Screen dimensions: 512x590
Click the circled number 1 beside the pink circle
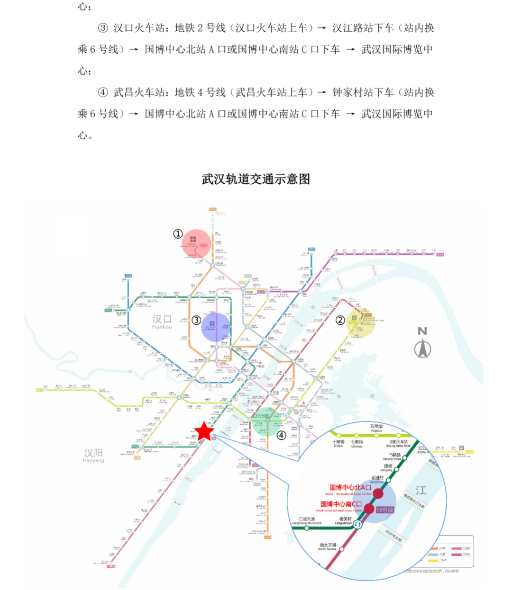click(x=178, y=233)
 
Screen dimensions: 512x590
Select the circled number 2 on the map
click(x=340, y=320)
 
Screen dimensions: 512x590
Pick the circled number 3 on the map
click(x=196, y=320)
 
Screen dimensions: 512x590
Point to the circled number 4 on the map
click(x=282, y=435)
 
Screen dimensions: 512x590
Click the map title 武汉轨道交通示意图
click(x=256, y=179)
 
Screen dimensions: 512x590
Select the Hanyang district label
click(x=93, y=455)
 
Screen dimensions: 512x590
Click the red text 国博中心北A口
click(x=350, y=487)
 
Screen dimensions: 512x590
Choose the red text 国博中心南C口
click(x=341, y=504)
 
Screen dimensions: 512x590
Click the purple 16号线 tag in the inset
click(x=385, y=510)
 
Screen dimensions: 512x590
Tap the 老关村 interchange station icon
click(x=357, y=524)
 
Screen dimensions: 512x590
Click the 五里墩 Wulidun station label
click(x=376, y=428)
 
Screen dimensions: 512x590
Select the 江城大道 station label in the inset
click(x=306, y=520)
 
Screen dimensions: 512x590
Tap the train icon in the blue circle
click(x=212, y=324)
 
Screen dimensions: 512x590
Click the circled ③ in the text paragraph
click(x=103, y=28)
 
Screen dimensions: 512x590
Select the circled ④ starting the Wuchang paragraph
click(x=103, y=92)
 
